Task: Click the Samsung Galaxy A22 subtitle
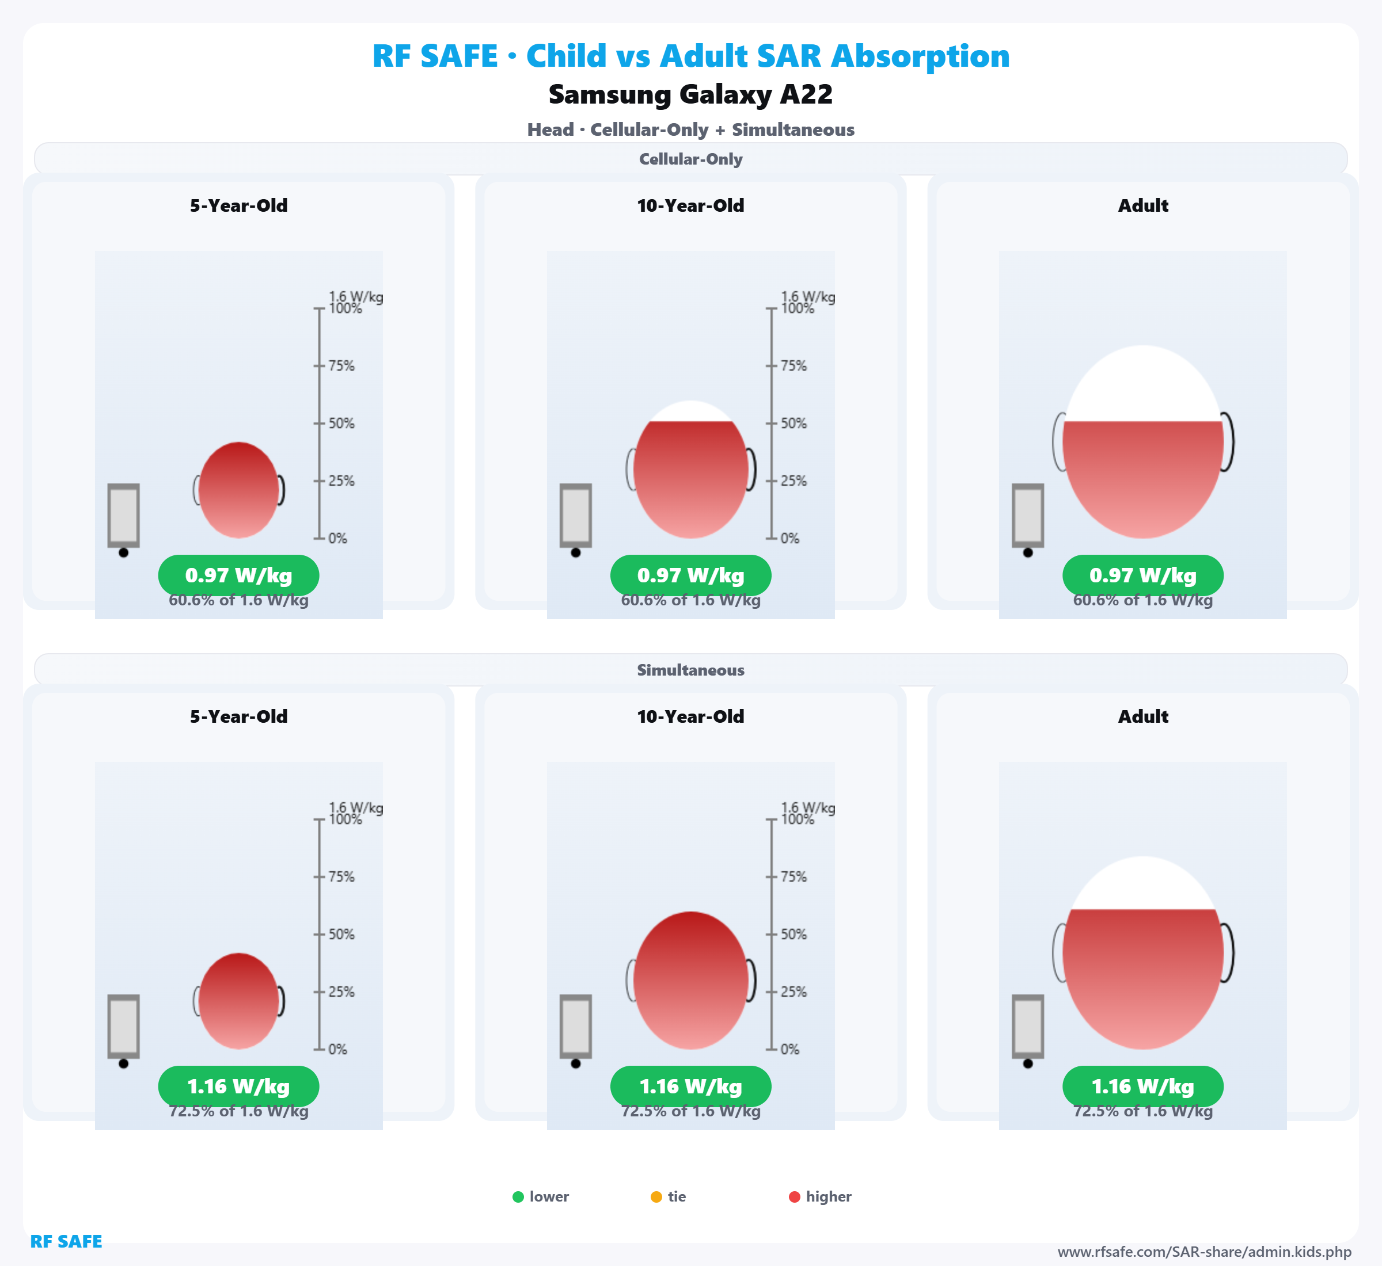click(690, 94)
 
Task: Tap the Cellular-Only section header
click(690, 159)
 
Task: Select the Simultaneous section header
click(690, 670)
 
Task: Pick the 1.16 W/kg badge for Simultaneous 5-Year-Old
click(238, 1086)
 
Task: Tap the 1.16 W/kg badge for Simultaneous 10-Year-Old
click(690, 1086)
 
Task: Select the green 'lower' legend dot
click(518, 1197)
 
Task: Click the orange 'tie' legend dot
click(656, 1197)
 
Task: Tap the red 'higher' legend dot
click(795, 1197)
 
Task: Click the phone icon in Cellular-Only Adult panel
click(1028, 515)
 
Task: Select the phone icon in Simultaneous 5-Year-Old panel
click(123, 1026)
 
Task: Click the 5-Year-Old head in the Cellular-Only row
click(238, 490)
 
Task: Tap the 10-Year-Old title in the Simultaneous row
click(690, 716)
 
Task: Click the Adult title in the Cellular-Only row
click(1143, 205)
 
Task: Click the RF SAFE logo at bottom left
click(66, 1241)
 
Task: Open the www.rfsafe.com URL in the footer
click(1205, 1252)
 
